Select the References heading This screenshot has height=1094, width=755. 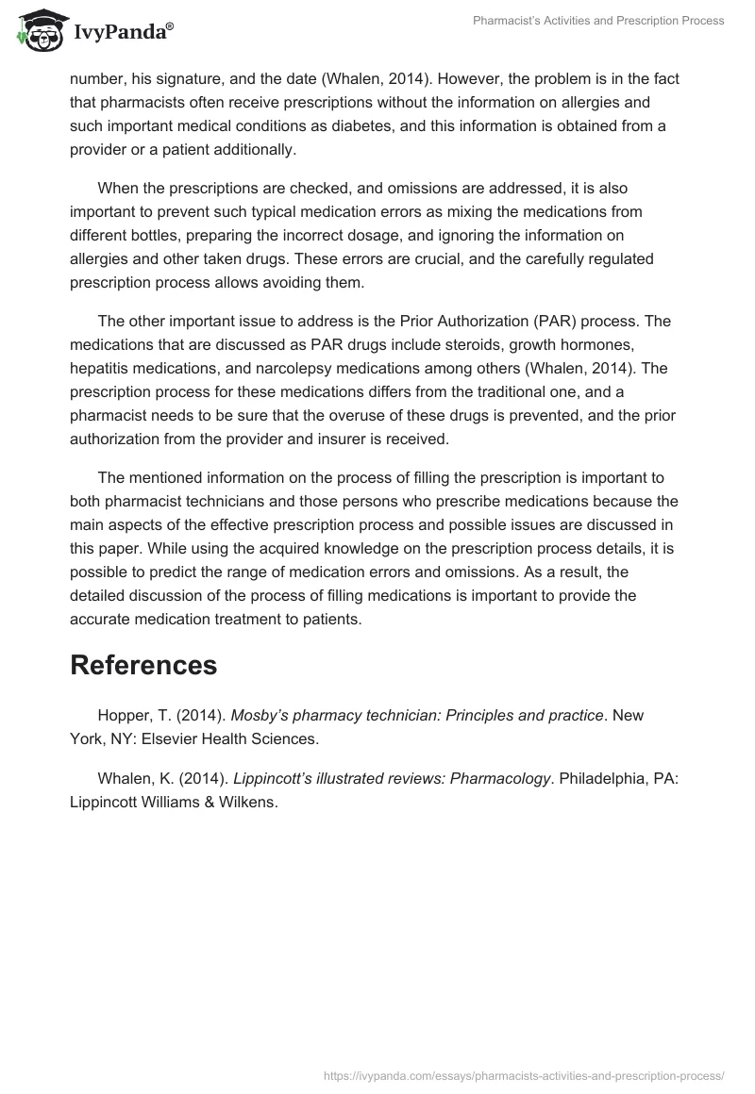(x=143, y=665)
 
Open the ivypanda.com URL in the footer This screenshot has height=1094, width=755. (x=524, y=1074)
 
